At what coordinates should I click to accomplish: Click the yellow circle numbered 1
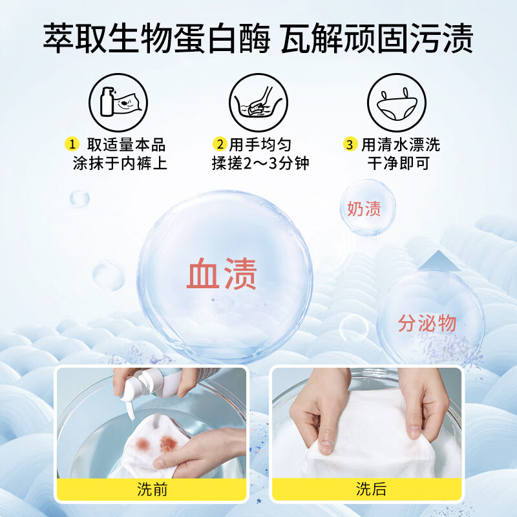72,144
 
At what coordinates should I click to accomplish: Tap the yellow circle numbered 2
220,144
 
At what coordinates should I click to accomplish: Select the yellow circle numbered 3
350,144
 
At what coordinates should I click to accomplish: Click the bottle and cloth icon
118,103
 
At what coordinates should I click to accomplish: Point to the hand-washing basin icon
258,103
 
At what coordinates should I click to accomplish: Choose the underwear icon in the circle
397,103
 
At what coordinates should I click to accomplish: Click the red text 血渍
222,273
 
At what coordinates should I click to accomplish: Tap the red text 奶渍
364,208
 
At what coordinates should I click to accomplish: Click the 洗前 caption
152,489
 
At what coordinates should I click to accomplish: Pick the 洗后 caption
371,489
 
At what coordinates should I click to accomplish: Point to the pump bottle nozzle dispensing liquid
130,409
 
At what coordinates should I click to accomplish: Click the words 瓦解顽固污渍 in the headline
377,38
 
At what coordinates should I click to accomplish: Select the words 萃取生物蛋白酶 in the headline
157,38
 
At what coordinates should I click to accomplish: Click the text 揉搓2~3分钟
260,164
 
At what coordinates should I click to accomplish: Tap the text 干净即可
399,164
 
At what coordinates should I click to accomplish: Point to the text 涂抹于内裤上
120,164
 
